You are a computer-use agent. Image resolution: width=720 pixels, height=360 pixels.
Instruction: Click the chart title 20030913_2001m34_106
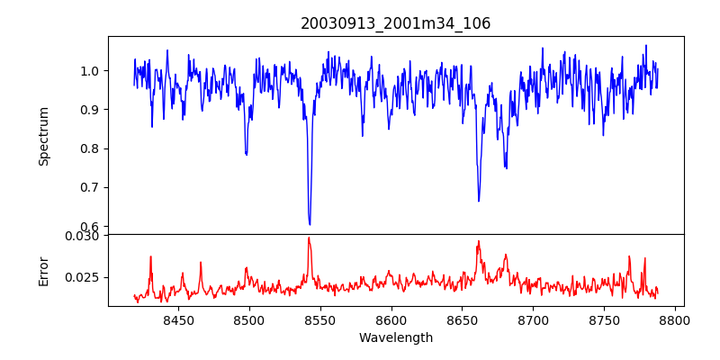pos(396,23)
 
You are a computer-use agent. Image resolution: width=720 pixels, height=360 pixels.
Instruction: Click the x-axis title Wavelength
pos(396,338)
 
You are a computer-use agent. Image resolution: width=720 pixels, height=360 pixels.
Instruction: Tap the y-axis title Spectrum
pos(44,136)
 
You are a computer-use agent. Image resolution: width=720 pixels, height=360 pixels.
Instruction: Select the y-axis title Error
pos(44,270)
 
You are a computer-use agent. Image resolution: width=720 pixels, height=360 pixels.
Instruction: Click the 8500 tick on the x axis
pos(249,319)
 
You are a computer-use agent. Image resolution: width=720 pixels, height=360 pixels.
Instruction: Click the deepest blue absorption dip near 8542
pos(310,223)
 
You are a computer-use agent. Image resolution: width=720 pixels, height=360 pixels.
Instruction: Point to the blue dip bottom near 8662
pos(479,200)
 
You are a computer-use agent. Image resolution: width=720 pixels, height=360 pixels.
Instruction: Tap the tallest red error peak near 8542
pos(309,238)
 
